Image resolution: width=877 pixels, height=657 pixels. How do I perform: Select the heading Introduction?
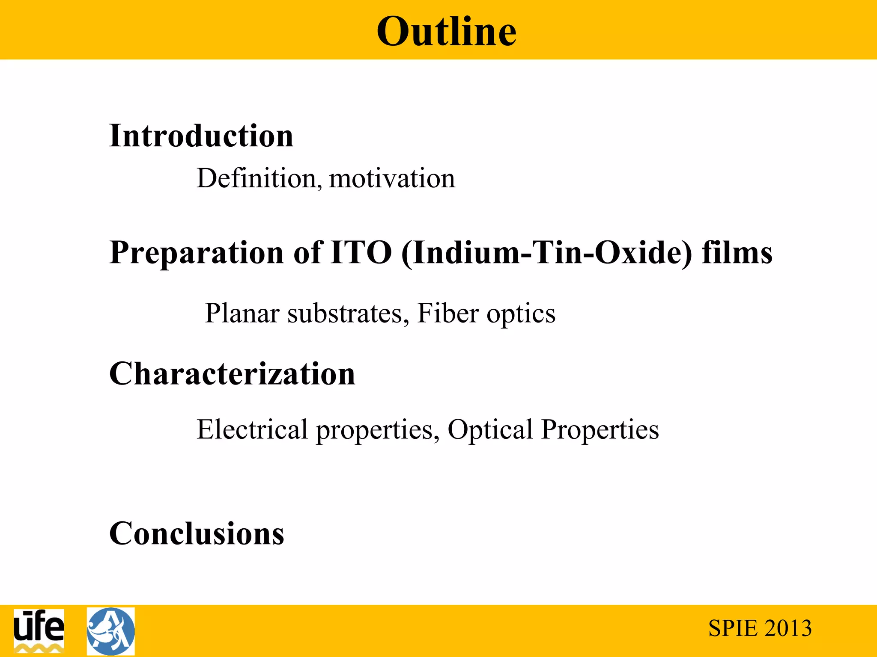pyautogui.click(x=201, y=136)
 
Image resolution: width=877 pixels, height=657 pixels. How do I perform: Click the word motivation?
pyautogui.click(x=392, y=178)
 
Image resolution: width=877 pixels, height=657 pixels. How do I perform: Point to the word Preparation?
pyautogui.click(x=197, y=253)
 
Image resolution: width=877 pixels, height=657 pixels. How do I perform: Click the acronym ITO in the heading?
pyautogui.click(x=361, y=252)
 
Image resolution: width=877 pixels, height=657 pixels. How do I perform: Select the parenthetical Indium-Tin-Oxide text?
pyautogui.click(x=546, y=253)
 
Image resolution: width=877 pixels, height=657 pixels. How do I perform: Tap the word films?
pyautogui.click(x=737, y=252)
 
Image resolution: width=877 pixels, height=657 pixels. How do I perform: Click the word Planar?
pyautogui.click(x=242, y=314)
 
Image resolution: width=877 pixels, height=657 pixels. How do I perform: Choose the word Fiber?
pyautogui.click(x=448, y=313)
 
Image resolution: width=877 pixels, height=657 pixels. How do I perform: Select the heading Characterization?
pyautogui.click(x=232, y=373)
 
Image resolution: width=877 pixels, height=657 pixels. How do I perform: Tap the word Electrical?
pyautogui.click(x=252, y=429)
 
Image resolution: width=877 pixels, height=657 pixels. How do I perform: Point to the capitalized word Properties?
pyautogui.click(x=600, y=430)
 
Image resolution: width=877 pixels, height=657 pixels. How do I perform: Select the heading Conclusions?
pyautogui.click(x=197, y=533)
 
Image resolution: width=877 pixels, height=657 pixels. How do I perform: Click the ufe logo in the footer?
pyautogui.click(x=39, y=630)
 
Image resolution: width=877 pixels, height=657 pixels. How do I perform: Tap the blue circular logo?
pyautogui.click(x=111, y=631)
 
